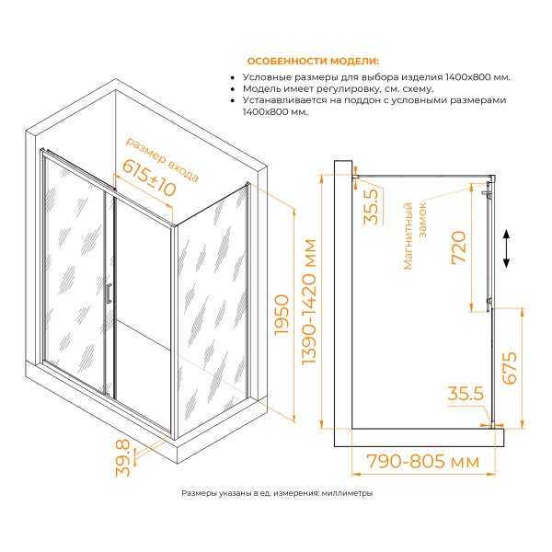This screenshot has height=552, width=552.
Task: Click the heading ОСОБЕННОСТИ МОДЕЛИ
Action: [x=313, y=62]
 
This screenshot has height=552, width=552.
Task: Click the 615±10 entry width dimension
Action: [x=149, y=178]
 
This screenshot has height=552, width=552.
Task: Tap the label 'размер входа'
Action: [x=162, y=159]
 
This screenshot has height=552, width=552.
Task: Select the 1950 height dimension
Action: [x=282, y=315]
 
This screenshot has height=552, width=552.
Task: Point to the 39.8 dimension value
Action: [x=123, y=458]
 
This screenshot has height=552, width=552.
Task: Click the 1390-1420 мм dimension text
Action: [x=309, y=302]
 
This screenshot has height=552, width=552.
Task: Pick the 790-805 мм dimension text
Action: [x=423, y=462]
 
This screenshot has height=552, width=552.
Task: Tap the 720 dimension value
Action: [x=459, y=247]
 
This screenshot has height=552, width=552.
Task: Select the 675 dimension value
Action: [x=510, y=368]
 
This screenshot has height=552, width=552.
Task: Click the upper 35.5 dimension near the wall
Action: [x=371, y=207]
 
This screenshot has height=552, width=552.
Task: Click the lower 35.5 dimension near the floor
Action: [x=466, y=393]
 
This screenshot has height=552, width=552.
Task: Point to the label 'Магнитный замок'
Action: [x=415, y=236]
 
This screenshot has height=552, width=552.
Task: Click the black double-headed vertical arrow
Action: [x=506, y=248]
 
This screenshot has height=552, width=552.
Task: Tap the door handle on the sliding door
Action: [x=109, y=293]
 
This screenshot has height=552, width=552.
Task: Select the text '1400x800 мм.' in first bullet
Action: [x=477, y=77]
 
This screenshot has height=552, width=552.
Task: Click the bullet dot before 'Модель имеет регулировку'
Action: [x=232, y=89]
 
